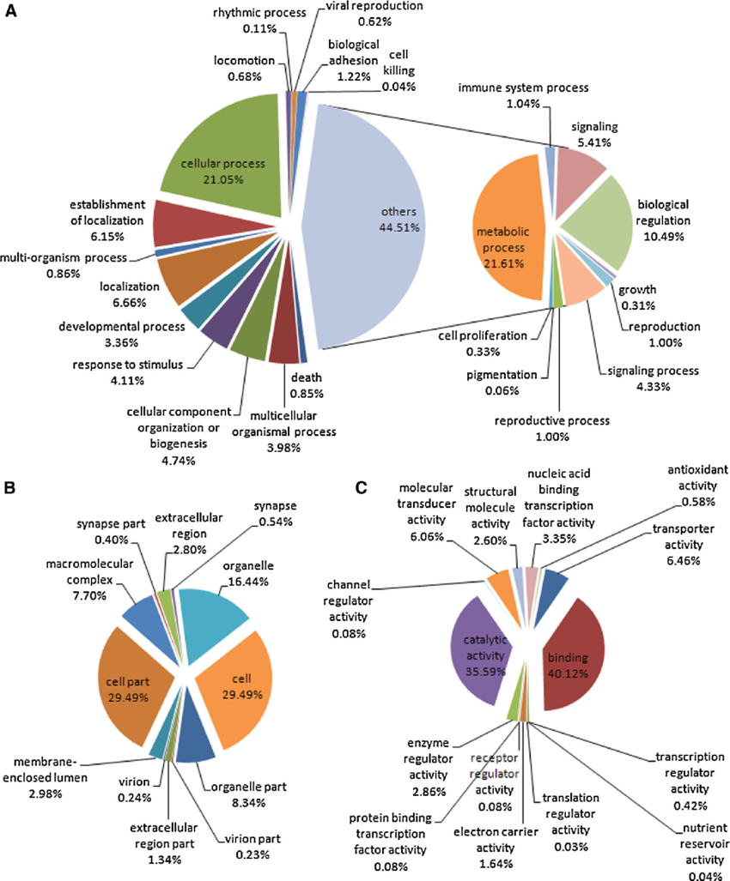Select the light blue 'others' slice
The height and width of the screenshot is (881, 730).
(x=378, y=223)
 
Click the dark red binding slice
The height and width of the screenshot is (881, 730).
(x=571, y=652)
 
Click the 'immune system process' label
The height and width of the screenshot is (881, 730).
(x=523, y=87)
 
